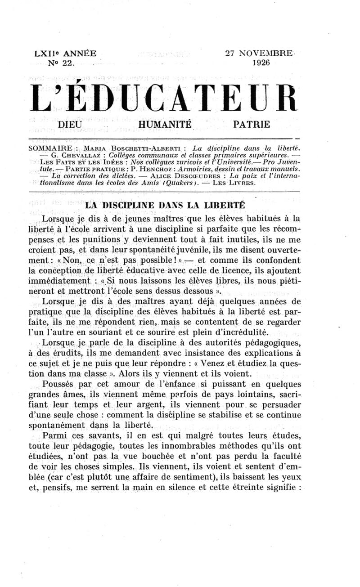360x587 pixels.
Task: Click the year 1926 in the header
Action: pos(261,63)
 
